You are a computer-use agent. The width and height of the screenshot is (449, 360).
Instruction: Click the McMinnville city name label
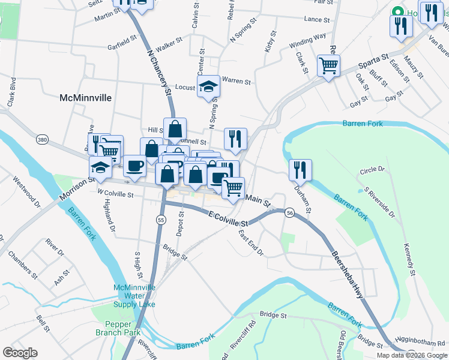pyautogui.click(x=86, y=97)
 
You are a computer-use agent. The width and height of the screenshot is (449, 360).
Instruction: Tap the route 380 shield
pyautogui.click(x=41, y=140)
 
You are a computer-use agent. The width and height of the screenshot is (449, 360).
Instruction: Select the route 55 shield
pyautogui.click(x=161, y=220)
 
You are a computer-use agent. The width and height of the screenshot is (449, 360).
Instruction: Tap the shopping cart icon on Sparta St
pyautogui.click(x=329, y=65)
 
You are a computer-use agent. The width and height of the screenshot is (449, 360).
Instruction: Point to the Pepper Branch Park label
pyautogui.click(x=118, y=328)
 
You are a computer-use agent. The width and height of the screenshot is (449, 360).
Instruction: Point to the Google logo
pyautogui.click(x=20, y=353)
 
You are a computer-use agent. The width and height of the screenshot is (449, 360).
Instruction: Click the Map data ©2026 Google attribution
pyautogui.click(x=411, y=355)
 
